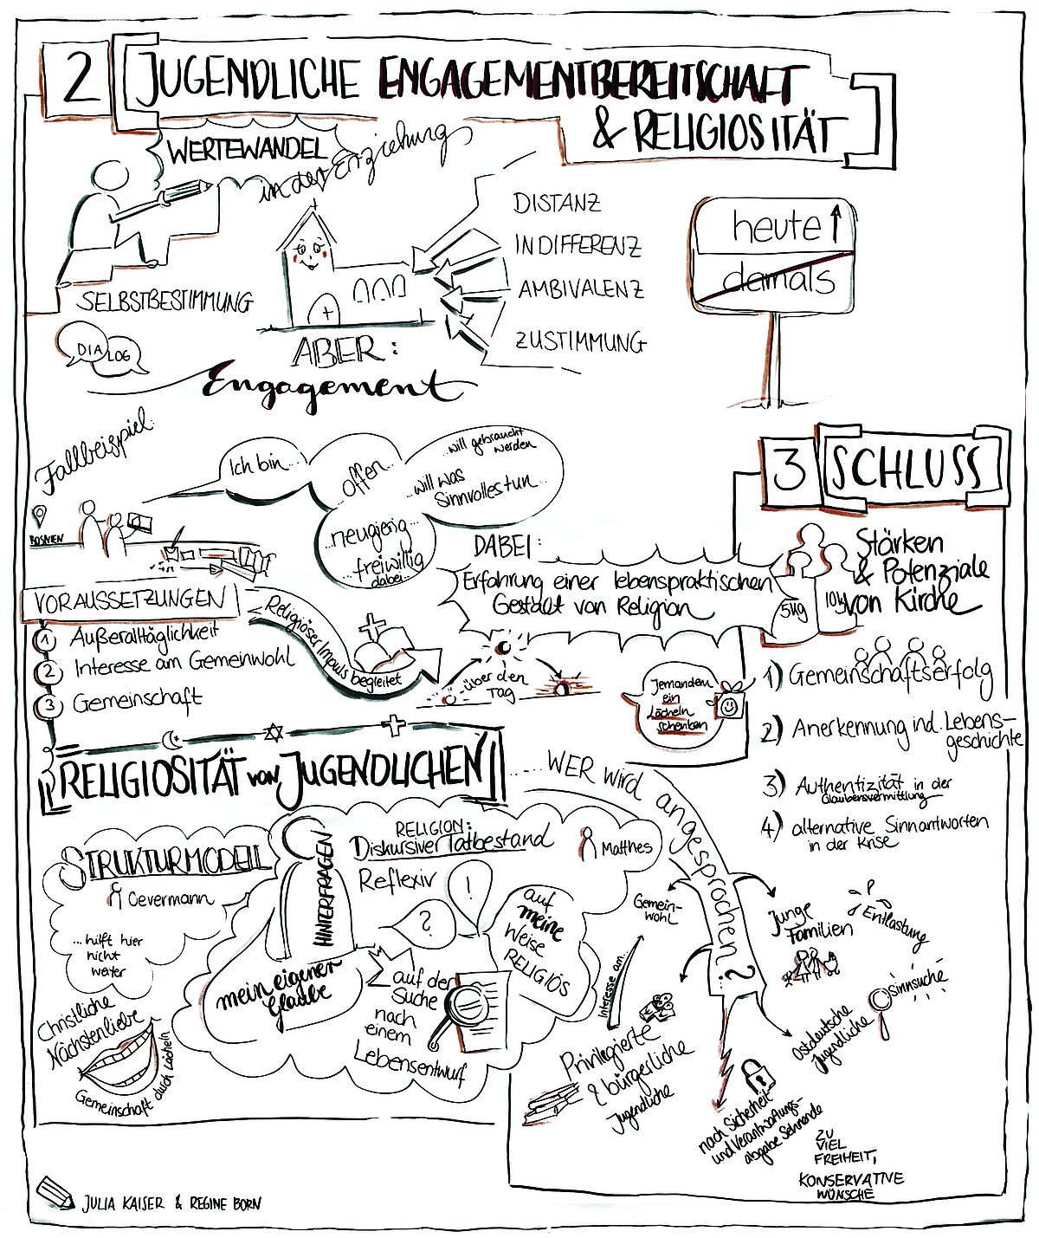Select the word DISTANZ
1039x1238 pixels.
tap(557, 204)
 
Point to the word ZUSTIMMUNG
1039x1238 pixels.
tap(580, 341)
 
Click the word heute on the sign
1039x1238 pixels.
tap(777, 228)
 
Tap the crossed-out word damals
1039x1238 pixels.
tap(778, 280)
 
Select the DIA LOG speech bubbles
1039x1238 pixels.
tap(100, 352)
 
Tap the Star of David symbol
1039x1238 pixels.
tap(274, 734)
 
